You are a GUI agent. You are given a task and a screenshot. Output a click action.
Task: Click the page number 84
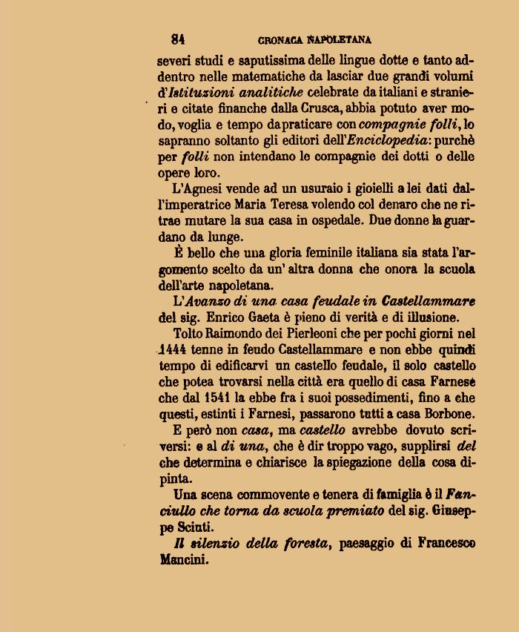pyautogui.click(x=178, y=39)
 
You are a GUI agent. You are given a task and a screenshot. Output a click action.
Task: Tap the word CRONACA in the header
pyautogui.click(x=281, y=40)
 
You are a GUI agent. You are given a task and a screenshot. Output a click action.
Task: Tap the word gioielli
pyautogui.click(x=348, y=189)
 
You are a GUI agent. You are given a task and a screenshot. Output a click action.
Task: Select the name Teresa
pyautogui.click(x=313, y=205)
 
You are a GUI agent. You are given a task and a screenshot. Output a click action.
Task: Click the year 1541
pyautogui.click(x=218, y=398)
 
